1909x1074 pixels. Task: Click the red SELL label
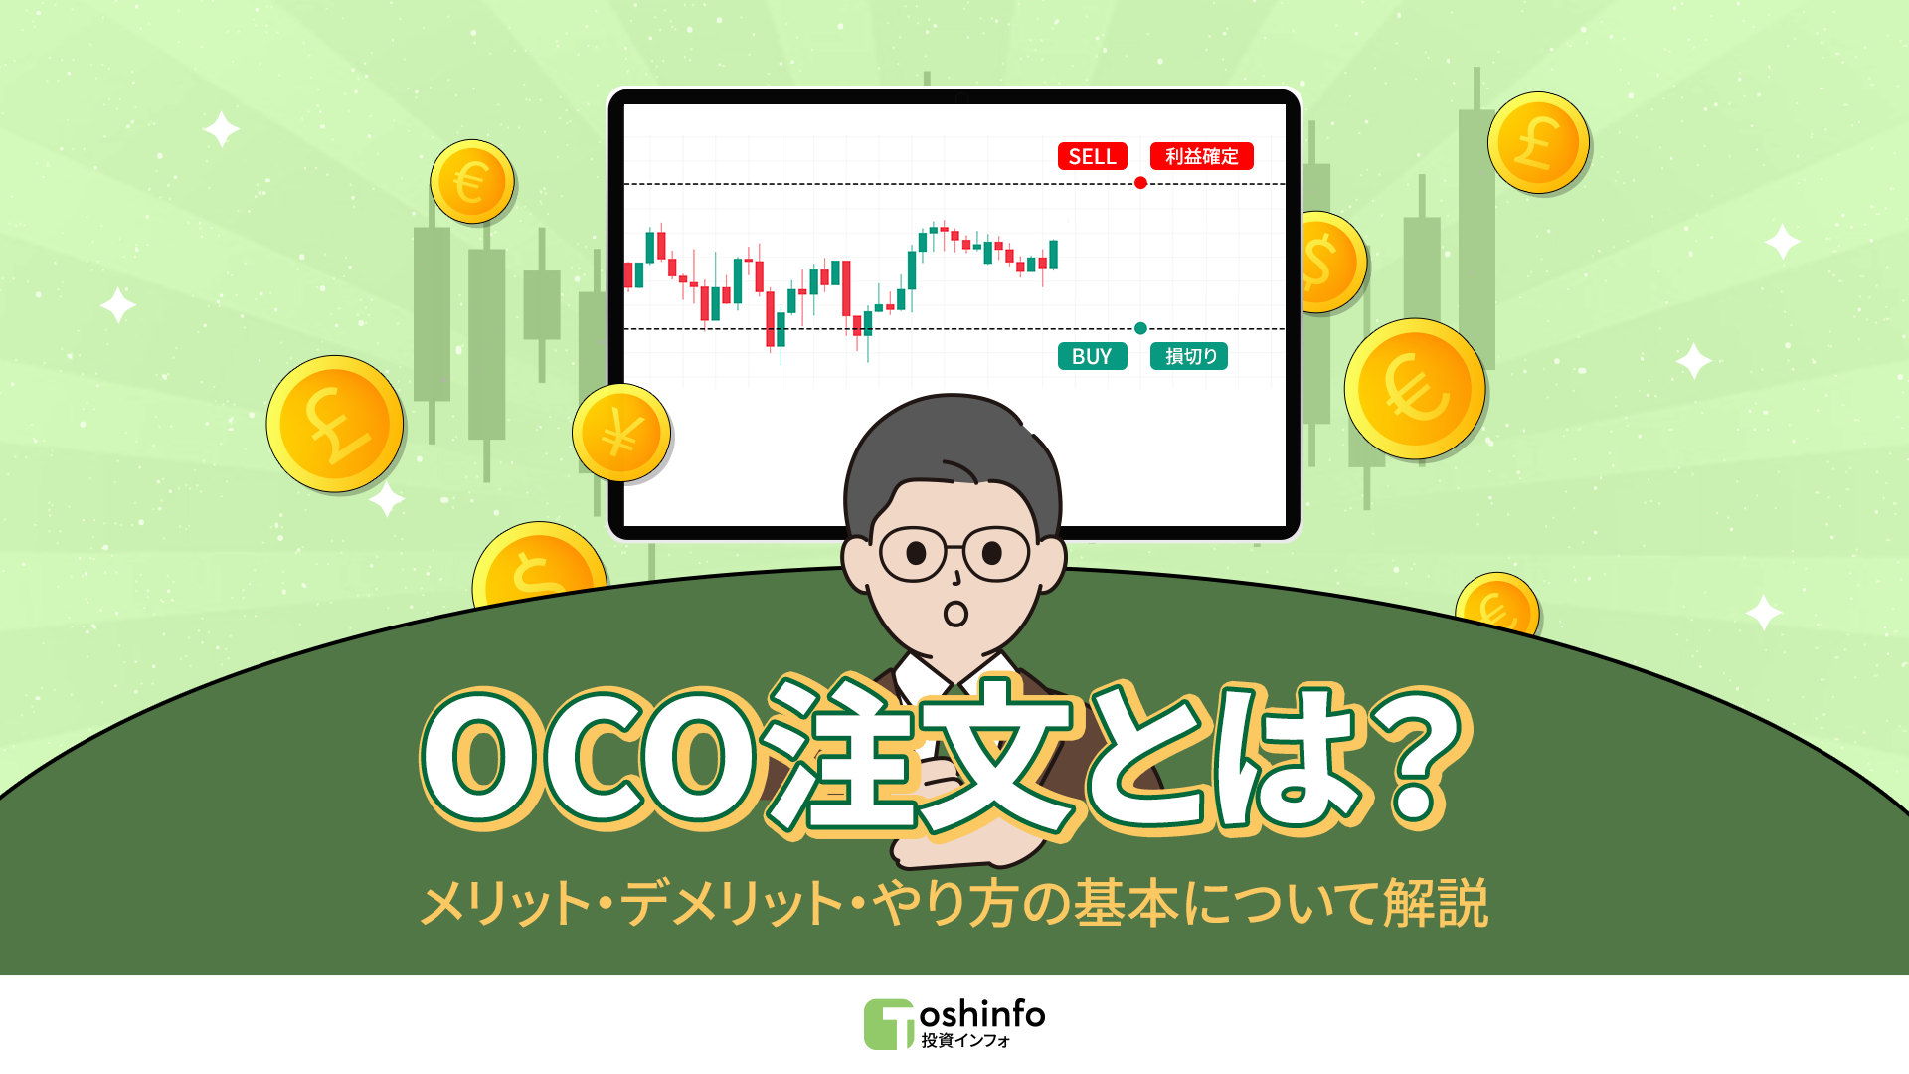[1092, 156]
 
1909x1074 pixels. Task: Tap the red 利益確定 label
[1201, 156]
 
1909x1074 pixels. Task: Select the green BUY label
[1092, 356]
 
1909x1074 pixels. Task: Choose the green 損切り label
[1189, 356]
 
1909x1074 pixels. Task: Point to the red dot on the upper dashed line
[1140, 183]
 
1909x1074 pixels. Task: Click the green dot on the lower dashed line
[1140, 328]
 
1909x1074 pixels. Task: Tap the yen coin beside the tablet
[621, 433]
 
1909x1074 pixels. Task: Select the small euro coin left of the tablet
[471, 182]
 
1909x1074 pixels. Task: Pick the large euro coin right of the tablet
[1414, 389]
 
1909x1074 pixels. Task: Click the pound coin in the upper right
[1537, 143]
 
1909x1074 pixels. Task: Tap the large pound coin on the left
[335, 424]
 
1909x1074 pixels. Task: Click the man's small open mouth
[955, 614]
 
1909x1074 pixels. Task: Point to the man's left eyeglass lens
[914, 553]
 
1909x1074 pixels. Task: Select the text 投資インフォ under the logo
[965, 1040]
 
